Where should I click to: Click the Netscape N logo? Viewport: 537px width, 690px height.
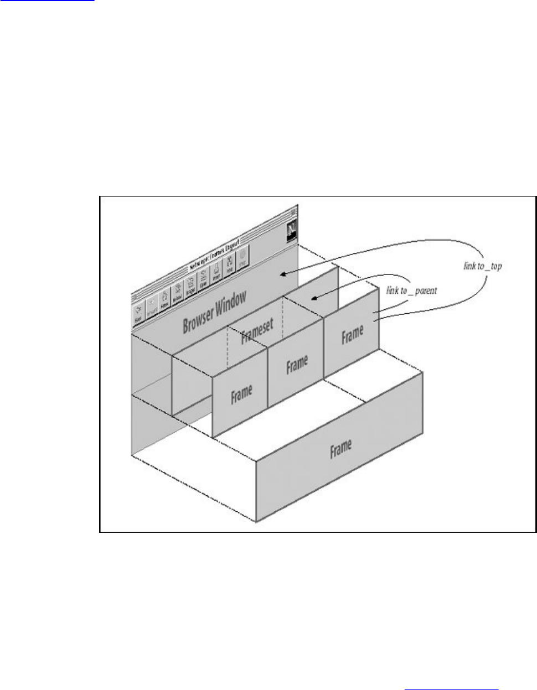click(291, 231)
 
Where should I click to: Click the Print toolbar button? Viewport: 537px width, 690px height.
click(216, 274)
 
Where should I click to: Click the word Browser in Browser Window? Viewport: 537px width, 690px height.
click(200, 318)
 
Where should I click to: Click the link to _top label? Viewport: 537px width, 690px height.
click(482, 267)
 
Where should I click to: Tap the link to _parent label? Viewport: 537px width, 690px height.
click(412, 290)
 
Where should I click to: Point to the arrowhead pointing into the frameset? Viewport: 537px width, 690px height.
click(313, 299)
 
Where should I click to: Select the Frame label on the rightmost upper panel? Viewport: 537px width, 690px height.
click(353, 334)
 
